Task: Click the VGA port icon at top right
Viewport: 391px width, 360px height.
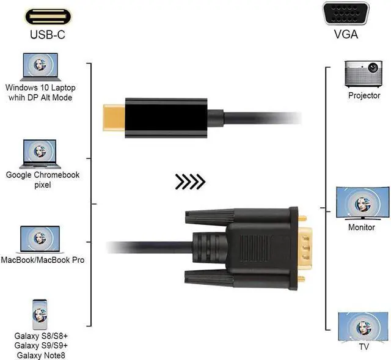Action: [346, 13]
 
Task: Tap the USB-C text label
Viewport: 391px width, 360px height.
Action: [47, 35]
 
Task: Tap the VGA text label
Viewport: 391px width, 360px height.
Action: [346, 35]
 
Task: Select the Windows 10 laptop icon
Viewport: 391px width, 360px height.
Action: [40, 67]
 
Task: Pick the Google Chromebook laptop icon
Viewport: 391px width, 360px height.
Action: [40, 153]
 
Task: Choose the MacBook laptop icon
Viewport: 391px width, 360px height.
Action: [40, 240]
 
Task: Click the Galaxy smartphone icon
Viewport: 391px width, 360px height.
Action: [40, 315]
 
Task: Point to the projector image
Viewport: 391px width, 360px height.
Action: [364, 75]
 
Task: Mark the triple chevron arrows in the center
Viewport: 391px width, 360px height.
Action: [190, 182]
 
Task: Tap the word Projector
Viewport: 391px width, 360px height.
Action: [364, 95]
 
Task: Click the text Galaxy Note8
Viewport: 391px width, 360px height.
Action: [41, 355]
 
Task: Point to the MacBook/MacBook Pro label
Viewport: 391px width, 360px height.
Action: [43, 260]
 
